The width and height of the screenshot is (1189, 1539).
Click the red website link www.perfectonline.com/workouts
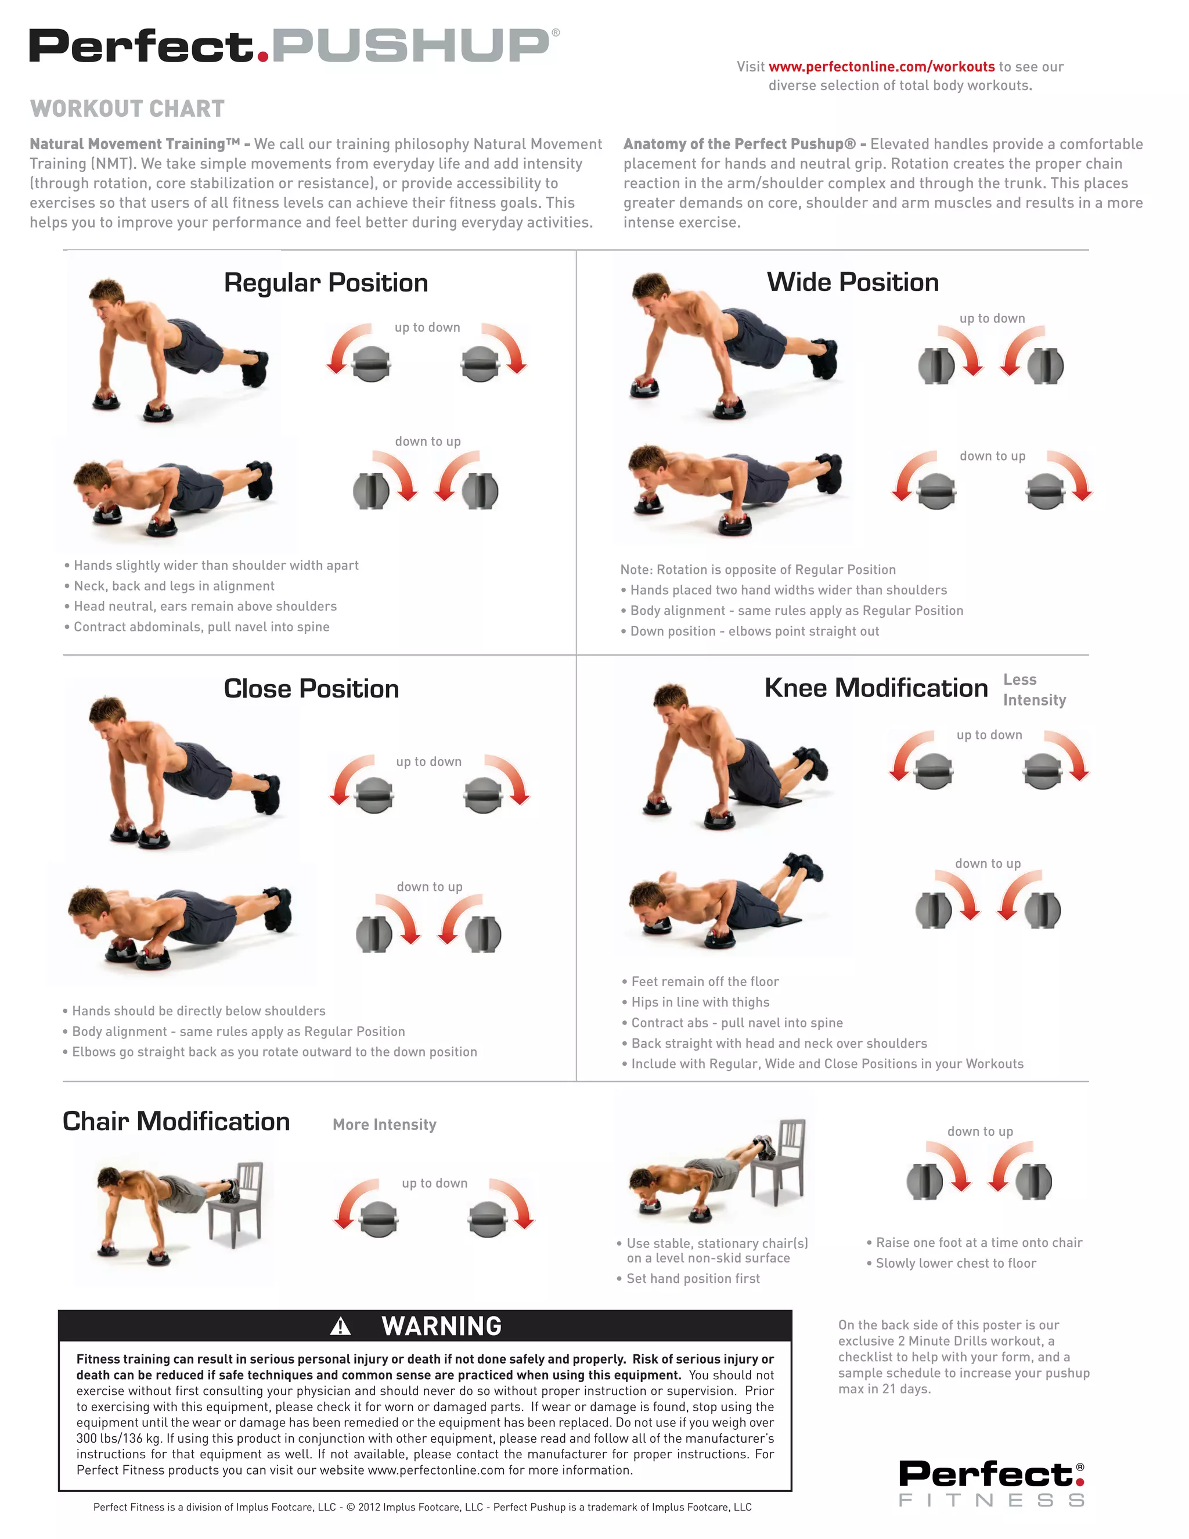coord(881,67)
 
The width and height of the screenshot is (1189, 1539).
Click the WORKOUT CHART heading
coord(128,109)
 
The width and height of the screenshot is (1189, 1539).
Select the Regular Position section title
coord(326,283)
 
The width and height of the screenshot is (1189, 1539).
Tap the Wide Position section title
coord(852,282)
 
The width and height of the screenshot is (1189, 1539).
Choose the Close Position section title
coord(311,688)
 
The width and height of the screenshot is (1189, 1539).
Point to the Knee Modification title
coord(875,688)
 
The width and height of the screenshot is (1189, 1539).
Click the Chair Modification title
coord(176,1121)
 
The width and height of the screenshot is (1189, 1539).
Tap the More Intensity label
coord(384,1125)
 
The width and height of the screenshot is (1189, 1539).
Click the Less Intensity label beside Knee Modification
coord(1034,690)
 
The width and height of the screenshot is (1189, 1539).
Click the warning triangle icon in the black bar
coord(340,1327)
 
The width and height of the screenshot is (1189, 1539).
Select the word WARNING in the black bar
coord(442,1326)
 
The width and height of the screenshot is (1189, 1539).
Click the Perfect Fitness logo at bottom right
coord(991,1483)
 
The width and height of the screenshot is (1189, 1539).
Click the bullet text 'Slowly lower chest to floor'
coord(955,1264)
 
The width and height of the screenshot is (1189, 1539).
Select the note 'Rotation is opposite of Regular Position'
coord(758,569)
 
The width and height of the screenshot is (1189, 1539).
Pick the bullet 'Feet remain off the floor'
coord(704,981)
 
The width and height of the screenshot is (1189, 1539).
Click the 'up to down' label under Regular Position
coord(427,328)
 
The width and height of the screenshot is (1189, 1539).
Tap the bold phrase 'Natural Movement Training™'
coord(135,145)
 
